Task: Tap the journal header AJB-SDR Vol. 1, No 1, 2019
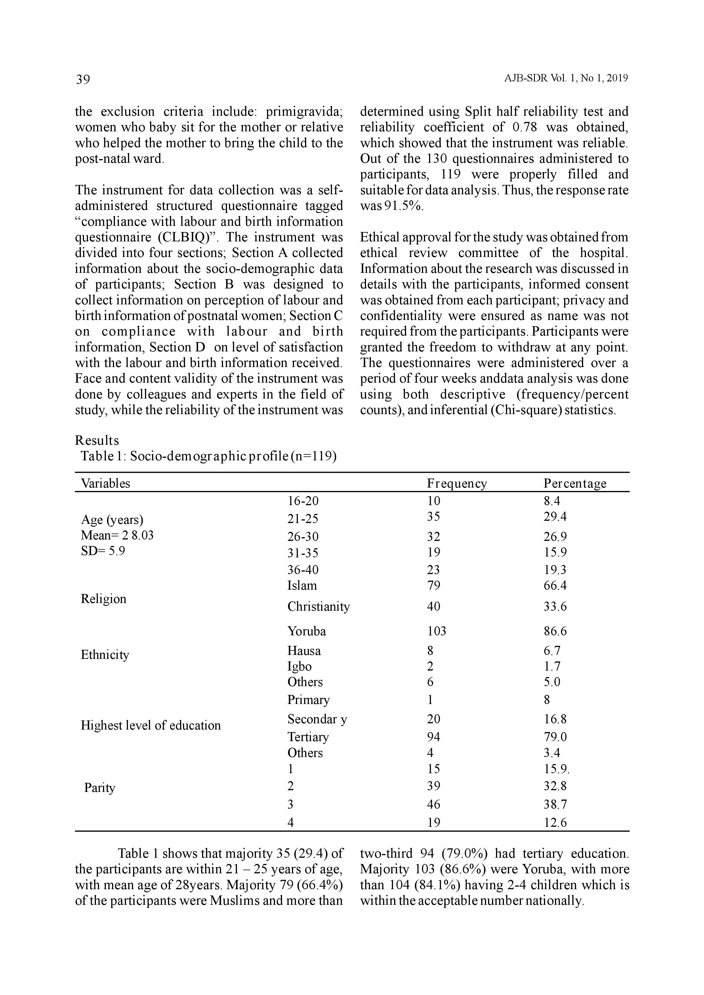pos(566,79)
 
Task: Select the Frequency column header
pos(457,483)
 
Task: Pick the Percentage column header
pos(575,483)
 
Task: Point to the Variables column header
pos(105,483)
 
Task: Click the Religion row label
pos(104,599)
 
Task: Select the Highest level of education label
pos(150,725)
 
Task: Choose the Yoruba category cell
pos(306,631)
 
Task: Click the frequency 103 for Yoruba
pos(436,631)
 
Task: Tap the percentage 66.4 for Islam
pos(555,586)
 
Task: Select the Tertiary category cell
pos(308,737)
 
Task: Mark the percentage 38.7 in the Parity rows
pos(555,804)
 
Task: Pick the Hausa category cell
pos(304,651)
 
